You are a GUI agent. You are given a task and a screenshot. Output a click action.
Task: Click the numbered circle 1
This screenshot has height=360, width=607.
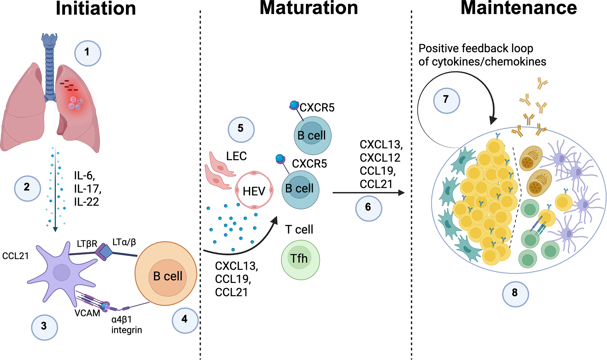point(87,53)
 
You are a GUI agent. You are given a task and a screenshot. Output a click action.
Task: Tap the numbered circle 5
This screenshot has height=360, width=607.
point(241,129)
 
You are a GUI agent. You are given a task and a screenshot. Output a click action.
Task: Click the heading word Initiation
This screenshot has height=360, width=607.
point(96,8)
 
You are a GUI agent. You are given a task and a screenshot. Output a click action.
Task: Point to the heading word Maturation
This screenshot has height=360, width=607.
point(309,8)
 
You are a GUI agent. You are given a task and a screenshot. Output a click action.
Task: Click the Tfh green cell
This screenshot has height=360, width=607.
point(300,260)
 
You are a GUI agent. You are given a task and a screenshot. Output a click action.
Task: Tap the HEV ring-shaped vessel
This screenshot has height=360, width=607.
point(254,190)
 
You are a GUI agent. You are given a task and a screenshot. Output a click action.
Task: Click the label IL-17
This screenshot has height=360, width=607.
point(87,189)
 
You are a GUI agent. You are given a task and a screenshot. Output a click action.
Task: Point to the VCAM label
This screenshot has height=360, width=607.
point(87,313)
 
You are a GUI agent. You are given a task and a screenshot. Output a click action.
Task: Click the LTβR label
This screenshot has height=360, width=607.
point(87,244)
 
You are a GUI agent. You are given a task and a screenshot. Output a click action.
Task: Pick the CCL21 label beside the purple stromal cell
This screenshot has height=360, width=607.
point(15,256)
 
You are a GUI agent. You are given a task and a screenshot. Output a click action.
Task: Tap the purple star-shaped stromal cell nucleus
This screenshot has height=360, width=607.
point(61,272)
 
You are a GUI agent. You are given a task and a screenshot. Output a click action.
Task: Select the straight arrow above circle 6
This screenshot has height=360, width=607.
point(368,193)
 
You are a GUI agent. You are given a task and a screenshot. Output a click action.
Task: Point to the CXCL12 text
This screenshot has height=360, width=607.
point(380,158)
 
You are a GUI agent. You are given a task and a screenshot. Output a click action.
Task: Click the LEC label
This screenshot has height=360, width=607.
point(236,156)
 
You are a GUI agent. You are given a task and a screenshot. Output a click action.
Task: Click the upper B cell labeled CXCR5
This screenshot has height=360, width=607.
point(312,136)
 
